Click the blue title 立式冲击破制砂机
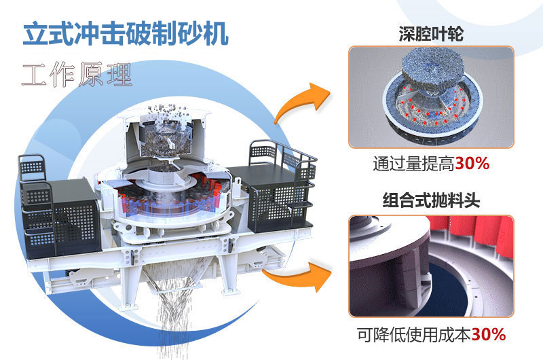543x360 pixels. click(x=125, y=34)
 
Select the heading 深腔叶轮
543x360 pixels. click(x=431, y=33)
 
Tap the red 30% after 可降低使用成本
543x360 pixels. click(x=489, y=334)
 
